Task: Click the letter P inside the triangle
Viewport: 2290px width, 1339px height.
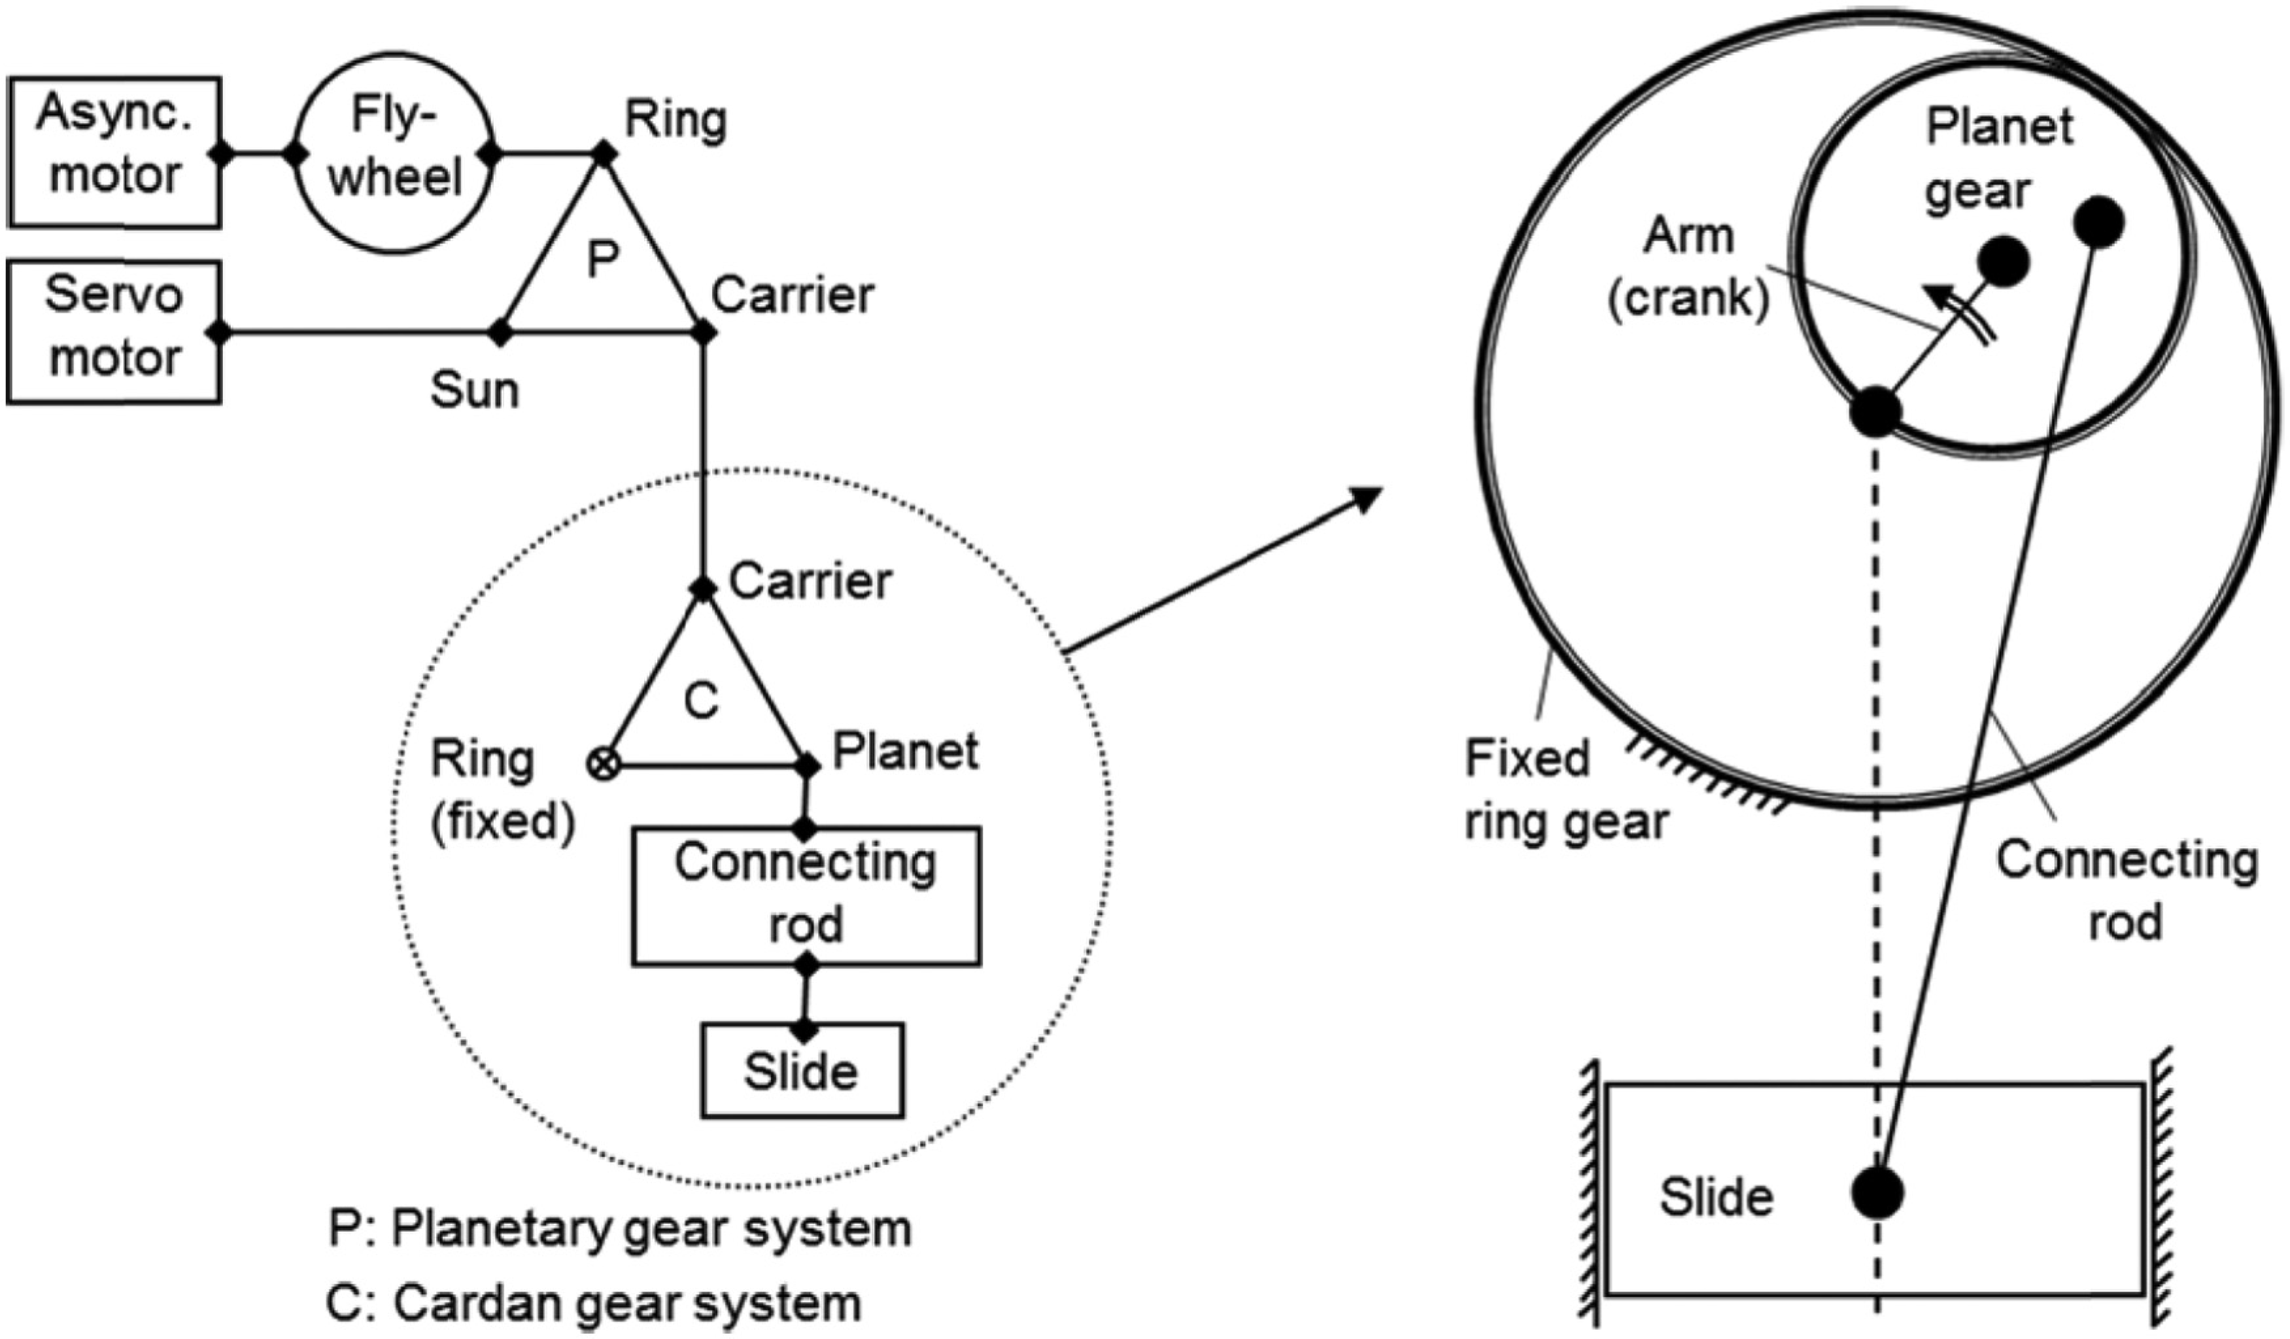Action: coord(602,259)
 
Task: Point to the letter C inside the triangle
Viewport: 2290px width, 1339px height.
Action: coord(700,701)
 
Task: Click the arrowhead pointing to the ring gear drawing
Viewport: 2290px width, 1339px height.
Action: coord(1363,500)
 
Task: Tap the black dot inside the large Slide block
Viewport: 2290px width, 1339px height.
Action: coord(1877,1192)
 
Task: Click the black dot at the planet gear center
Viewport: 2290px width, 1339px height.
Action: coord(2003,262)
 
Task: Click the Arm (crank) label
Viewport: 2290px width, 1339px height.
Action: coord(1689,268)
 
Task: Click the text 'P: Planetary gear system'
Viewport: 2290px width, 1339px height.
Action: coord(621,1230)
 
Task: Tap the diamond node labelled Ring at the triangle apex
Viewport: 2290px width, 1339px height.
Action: coord(604,152)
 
